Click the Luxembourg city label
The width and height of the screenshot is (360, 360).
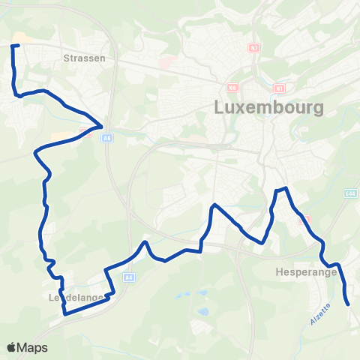(x=269, y=106)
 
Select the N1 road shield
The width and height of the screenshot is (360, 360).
(x=279, y=86)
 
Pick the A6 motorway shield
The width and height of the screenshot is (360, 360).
(x=108, y=138)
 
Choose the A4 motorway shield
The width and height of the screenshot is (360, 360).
(x=129, y=277)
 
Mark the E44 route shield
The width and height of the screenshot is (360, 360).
(x=350, y=193)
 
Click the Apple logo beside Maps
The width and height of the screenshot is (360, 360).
(x=11, y=347)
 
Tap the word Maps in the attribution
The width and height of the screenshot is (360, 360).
(x=32, y=347)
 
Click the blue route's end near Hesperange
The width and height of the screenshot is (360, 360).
(x=349, y=304)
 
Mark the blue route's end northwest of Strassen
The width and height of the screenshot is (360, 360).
(x=12, y=46)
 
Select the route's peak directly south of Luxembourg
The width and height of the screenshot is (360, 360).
(x=215, y=205)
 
